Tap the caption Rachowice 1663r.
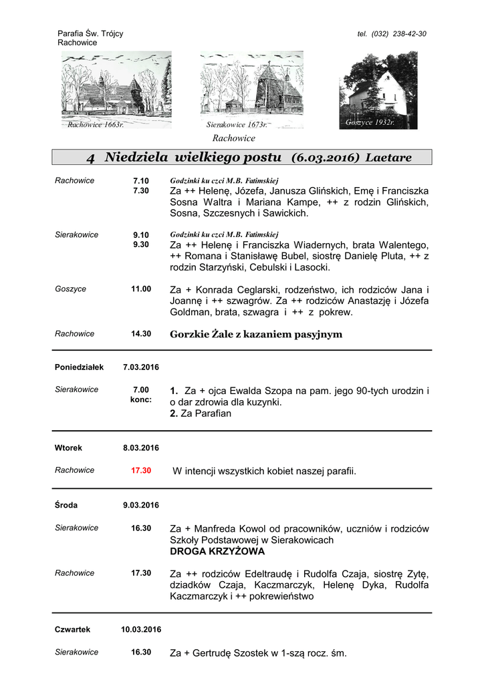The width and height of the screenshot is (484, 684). [96, 124]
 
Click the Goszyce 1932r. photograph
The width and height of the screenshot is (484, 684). [378, 91]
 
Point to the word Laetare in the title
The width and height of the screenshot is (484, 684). [388, 158]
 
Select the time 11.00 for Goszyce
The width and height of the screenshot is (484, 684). [141, 289]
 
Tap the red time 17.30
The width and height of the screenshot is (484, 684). [141, 470]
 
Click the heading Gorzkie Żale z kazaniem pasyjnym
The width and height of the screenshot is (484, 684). [256, 334]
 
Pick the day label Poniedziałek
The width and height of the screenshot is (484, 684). [79, 367]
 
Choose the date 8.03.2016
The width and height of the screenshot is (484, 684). [141, 448]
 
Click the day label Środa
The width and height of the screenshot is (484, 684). [67, 504]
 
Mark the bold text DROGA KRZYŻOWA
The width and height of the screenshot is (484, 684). [217, 552]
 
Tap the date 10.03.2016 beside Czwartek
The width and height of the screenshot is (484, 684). [141, 629]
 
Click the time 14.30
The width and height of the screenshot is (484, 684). [141, 334]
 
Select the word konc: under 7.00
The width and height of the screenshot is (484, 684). [141, 399]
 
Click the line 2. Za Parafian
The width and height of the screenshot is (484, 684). [201, 413]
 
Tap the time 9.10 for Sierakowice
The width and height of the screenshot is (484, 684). [141, 234]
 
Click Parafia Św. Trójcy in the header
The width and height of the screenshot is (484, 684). [90, 33]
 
